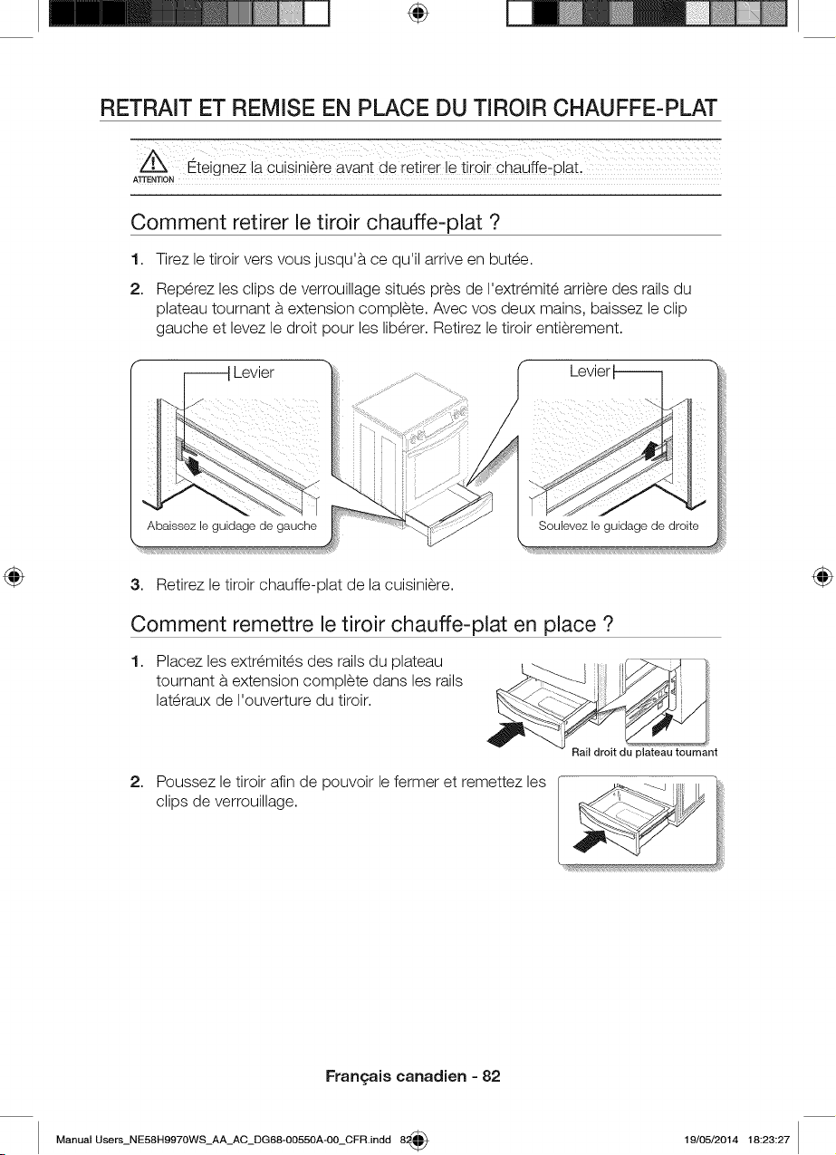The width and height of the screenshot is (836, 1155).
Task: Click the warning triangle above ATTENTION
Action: [x=153, y=165]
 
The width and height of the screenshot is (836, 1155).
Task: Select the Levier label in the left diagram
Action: [x=254, y=372]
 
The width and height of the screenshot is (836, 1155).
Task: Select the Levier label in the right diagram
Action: [x=590, y=371]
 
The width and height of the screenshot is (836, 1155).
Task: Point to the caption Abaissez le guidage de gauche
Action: [x=232, y=526]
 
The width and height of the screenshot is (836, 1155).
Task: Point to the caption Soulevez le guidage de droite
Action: [x=619, y=526]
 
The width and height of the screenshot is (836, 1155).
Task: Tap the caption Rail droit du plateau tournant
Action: [x=644, y=752]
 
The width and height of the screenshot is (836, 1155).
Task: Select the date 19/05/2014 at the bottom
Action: [x=712, y=1139]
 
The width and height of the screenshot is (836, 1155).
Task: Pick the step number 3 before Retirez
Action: [x=136, y=585]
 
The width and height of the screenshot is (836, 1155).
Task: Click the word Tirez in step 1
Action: [x=172, y=259]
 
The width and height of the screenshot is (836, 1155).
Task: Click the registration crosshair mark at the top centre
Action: [x=418, y=14]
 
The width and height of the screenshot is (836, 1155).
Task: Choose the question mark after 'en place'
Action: [x=607, y=624]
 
